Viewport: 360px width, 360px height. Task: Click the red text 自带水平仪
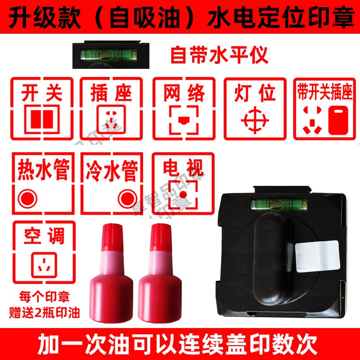(x=219, y=56)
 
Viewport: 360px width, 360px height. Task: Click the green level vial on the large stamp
(x=279, y=205)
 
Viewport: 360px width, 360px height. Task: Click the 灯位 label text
(x=255, y=93)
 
